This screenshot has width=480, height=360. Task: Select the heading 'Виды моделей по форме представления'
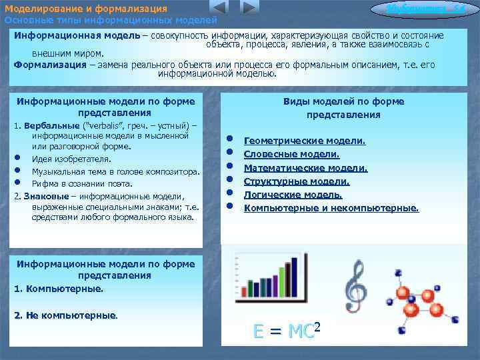(343, 108)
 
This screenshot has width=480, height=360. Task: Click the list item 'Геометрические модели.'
(305, 141)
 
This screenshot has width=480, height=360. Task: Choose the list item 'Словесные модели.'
(292, 154)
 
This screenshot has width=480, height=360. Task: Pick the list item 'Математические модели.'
(305, 168)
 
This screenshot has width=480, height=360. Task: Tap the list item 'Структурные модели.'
(297, 181)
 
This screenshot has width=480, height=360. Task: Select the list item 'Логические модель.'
(293, 195)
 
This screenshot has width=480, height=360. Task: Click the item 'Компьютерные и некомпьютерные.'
(331, 208)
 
